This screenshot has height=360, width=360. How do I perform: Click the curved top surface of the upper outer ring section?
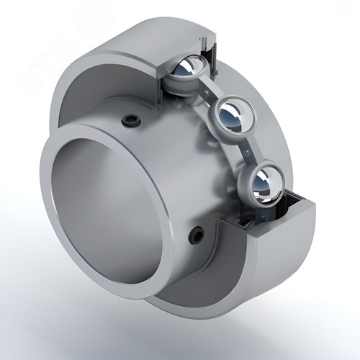click(144, 32)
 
